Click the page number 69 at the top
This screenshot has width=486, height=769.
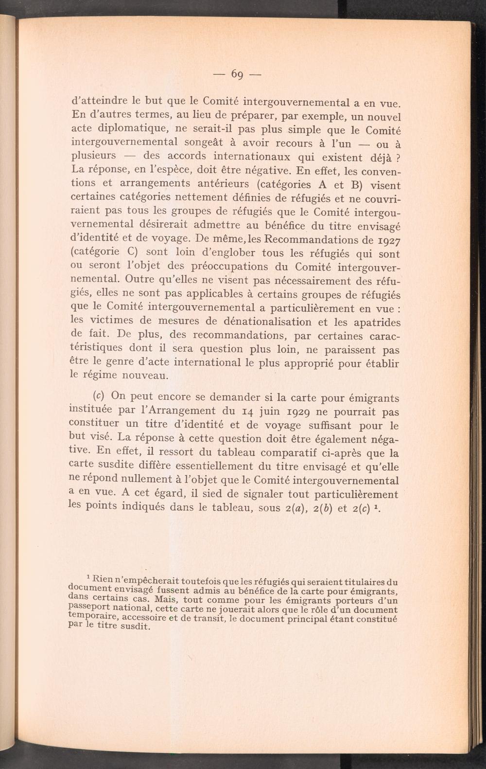point(237,74)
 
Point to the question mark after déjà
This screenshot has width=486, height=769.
point(398,159)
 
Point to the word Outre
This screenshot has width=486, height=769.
point(139,280)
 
